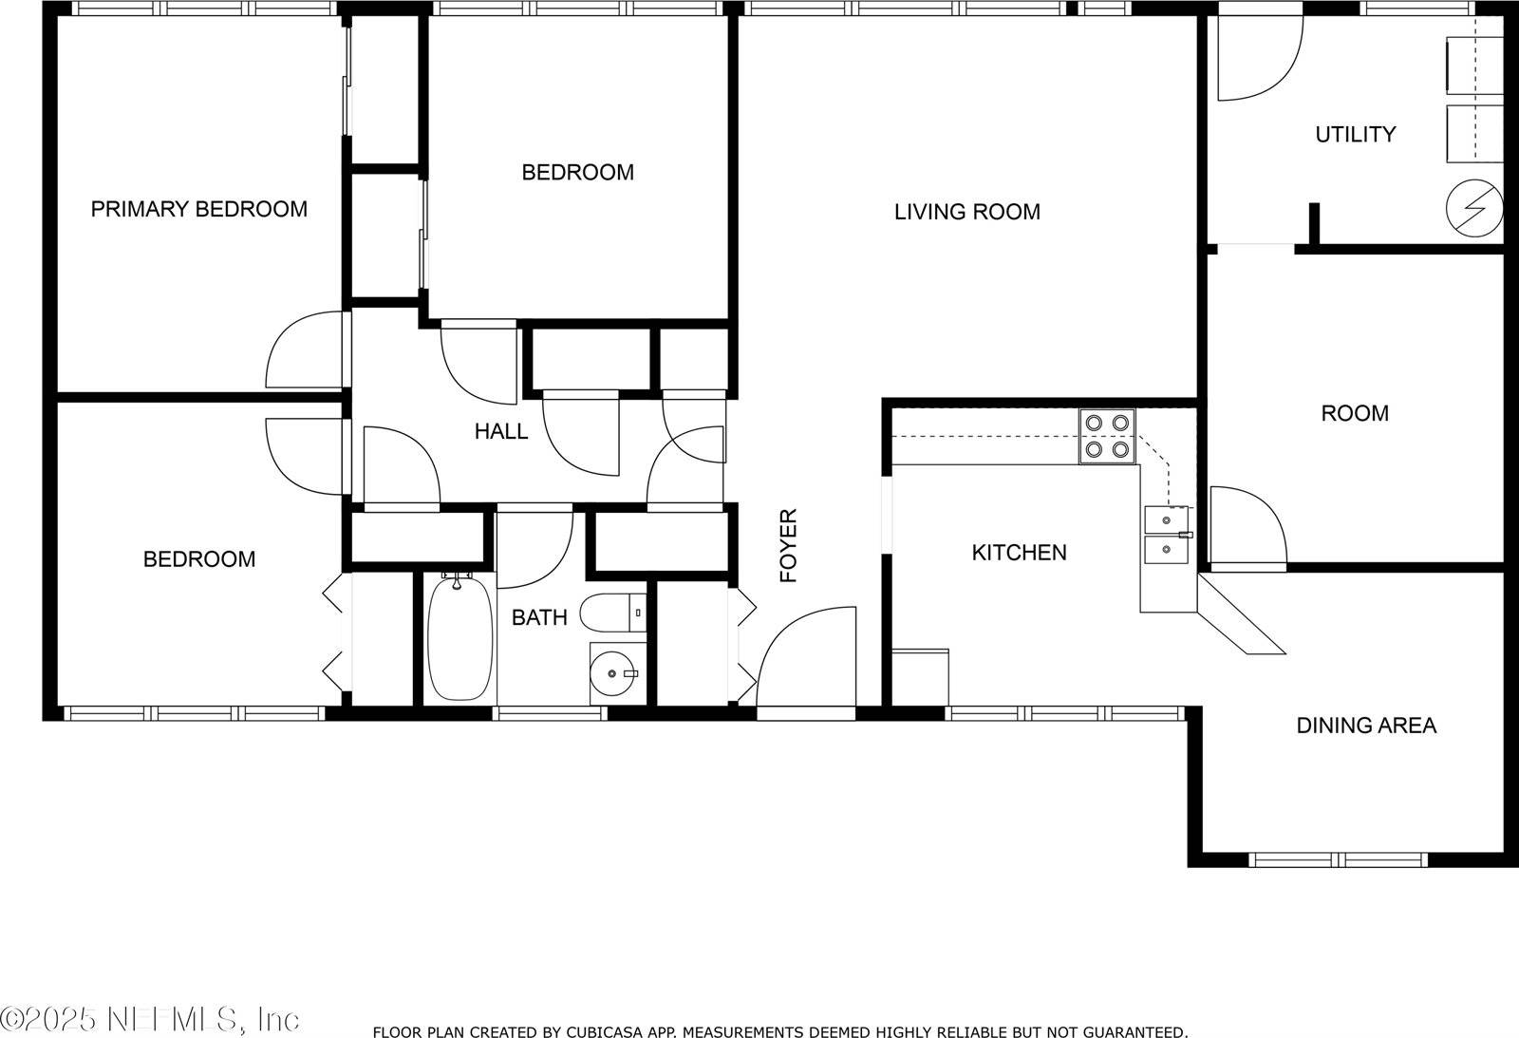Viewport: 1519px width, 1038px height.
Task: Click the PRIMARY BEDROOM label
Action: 198,209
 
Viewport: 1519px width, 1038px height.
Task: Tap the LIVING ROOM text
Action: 966,212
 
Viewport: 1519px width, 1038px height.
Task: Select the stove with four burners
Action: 1107,436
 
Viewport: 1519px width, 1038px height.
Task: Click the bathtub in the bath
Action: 460,639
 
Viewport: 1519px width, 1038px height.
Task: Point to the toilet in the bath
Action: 611,613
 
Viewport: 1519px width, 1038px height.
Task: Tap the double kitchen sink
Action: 1168,535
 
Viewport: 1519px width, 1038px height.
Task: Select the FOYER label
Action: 788,546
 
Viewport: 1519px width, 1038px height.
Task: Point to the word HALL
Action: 501,432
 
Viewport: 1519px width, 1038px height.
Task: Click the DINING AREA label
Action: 1365,726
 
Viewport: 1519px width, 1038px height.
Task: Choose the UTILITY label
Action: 1355,135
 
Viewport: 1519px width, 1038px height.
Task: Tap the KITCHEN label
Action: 1019,553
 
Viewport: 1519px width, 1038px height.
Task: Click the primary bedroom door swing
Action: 302,351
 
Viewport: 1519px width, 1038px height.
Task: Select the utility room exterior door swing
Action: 1258,62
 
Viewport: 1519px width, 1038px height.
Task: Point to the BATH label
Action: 539,618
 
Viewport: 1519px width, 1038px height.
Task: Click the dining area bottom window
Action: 1338,859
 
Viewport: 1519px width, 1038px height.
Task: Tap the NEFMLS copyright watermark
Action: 150,1020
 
